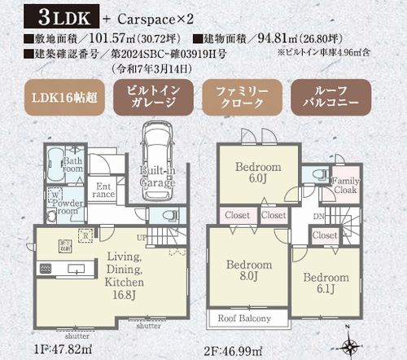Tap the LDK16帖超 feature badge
point(55,99)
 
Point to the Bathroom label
point(73,166)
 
